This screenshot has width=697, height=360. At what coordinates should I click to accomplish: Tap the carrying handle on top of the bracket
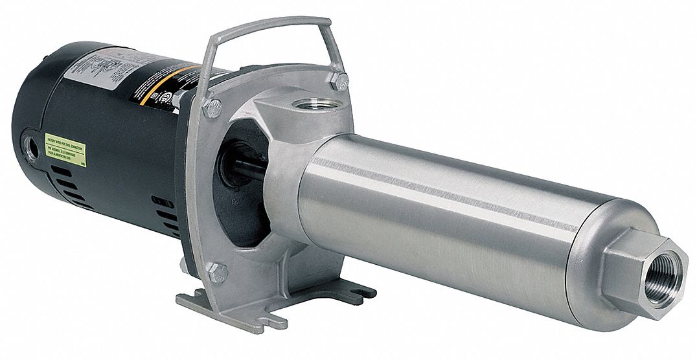click(273, 25)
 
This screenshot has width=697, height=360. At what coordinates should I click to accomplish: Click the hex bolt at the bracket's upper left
click(212, 107)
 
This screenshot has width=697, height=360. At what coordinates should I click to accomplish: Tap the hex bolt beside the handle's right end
click(339, 80)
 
